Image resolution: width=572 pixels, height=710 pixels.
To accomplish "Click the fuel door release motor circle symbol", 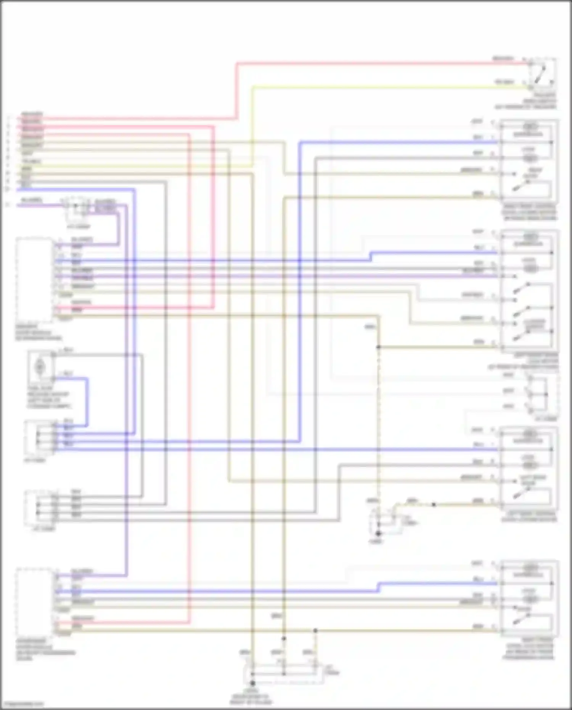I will click(x=40, y=367).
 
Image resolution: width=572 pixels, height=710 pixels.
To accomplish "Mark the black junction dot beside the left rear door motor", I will click(x=434, y=505).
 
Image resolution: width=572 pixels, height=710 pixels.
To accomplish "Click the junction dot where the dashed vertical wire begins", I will click(x=378, y=347).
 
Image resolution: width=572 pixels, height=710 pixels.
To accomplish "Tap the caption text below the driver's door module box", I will click(x=38, y=333).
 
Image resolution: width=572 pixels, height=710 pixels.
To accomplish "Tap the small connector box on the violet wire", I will click(x=77, y=208).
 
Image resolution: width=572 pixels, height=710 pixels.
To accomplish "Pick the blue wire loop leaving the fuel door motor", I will click(x=87, y=401).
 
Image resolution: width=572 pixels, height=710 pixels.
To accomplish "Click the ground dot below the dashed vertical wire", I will click(x=379, y=534).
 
